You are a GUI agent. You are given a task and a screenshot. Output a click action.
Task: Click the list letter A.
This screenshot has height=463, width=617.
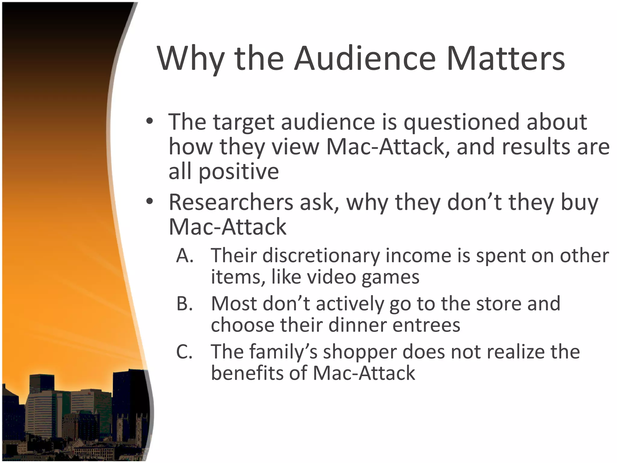click(184, 256)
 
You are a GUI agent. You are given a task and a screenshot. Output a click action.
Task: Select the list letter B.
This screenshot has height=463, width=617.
click(184, 304)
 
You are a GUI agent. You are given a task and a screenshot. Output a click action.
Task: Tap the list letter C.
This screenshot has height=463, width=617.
click(184, 352)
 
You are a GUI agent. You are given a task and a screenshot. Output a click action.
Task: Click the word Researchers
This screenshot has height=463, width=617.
click(231, 202)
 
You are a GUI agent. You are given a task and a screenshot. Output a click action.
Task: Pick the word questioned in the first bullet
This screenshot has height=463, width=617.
click(461, 122)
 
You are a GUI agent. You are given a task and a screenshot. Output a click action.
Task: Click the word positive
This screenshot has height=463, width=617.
click(239, 172)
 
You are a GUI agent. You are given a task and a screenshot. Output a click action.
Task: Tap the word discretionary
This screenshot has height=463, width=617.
click(321, 256)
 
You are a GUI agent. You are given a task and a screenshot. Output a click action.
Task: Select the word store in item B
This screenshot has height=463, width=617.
click(497, 304)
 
